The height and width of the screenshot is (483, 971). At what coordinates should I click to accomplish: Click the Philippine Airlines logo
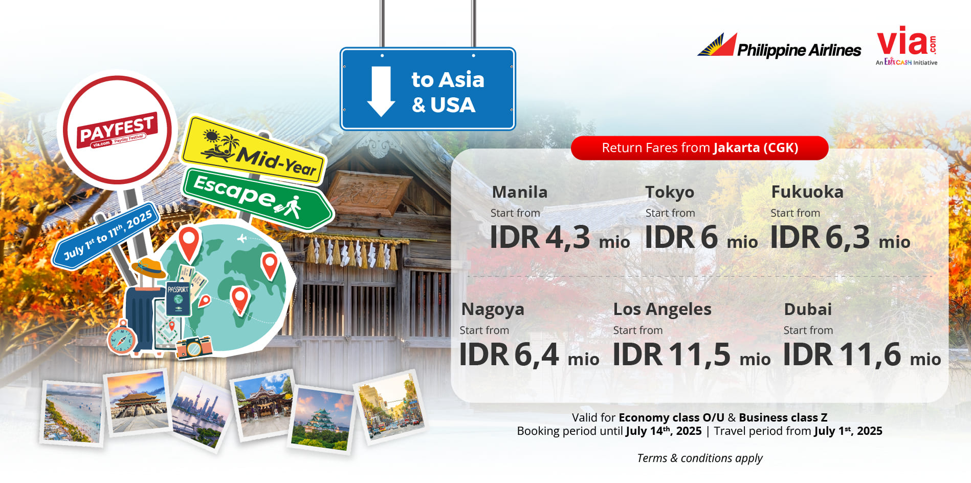(779, 46)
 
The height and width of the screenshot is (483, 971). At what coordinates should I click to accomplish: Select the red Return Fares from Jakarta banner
(699, 148)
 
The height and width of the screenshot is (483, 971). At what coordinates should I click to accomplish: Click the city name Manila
(520, 192)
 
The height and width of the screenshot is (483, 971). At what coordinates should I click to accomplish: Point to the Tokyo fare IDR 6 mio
(701, 238)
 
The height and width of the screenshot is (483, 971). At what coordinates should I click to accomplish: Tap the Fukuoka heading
(807, 192)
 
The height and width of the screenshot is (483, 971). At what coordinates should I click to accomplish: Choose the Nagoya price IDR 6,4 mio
(529, 355)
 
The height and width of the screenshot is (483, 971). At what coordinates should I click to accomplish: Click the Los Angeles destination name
(662, 309)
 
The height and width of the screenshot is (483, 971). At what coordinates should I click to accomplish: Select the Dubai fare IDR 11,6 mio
(862, 355)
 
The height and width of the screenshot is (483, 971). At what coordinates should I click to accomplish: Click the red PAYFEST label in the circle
(117, 131)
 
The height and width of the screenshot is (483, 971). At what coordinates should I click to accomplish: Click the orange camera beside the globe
(194, 347)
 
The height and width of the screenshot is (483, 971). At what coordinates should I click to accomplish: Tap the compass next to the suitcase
(122, 338)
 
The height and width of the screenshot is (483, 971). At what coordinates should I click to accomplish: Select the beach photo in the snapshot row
(72, 413)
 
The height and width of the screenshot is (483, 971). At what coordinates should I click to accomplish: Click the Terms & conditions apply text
(699, 458)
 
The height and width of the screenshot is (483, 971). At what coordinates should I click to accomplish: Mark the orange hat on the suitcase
(148, 268)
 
